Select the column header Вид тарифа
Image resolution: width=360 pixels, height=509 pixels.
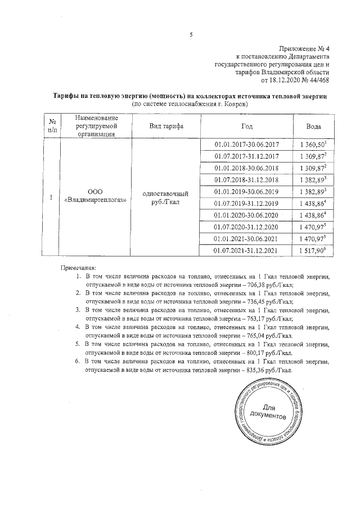166,125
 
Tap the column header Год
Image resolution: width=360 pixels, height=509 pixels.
246,125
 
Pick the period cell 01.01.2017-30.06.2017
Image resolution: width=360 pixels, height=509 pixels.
246,145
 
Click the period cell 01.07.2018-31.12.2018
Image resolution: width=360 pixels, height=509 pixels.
246,179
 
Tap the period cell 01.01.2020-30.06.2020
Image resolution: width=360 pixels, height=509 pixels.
246,215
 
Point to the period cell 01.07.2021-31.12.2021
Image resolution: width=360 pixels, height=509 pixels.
246,250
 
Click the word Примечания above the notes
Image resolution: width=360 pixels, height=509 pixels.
79,268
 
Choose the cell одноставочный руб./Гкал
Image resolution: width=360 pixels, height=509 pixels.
166,197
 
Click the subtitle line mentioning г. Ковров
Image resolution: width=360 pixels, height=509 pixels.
190,104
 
